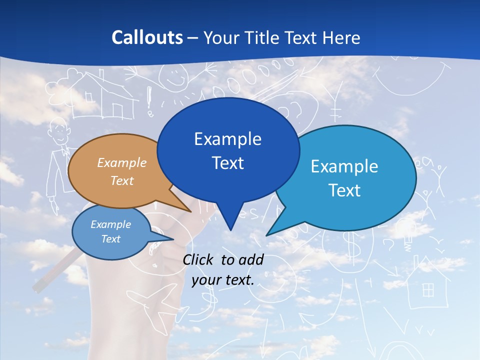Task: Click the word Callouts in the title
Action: tap(147, 37)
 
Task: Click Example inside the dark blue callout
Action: tap(227, 138)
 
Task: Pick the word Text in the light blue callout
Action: tap(344, 190)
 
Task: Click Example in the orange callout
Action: tap(121, 162)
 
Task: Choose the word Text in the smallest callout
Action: tap(110, 239)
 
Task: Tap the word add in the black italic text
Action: tap(251, 259)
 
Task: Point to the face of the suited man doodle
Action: tap(59, 131)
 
